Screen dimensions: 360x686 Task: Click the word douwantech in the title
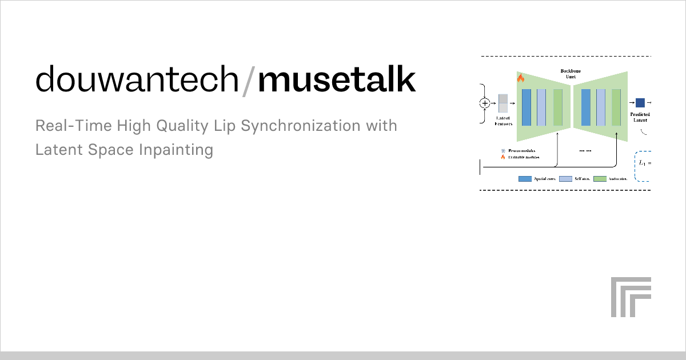tap(137, 80)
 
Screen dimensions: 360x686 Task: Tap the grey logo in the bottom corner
tap(631, 297)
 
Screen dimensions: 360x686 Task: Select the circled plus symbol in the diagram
tap(485, 103)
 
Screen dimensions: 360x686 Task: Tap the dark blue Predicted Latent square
tap(640, 103)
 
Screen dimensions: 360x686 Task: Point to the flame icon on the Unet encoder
tap(520, 78)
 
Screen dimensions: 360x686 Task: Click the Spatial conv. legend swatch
tap(525, 179)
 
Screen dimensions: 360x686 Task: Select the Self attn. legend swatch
tap(565, 179)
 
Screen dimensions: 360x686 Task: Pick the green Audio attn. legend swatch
tap(600, 179)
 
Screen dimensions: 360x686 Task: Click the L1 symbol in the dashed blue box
tap(642, 164)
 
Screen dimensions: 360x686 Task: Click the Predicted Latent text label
tap(640, 118)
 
